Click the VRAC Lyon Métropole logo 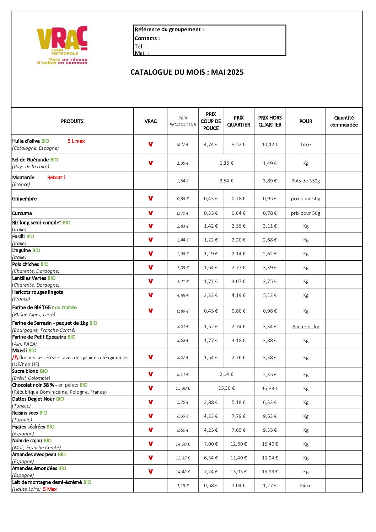click(62, 45)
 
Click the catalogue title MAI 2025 click(187, 72)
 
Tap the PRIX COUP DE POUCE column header click(211, 121)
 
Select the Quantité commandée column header click(344, 121)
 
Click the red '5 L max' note click(76, 141)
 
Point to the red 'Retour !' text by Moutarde click(56, 177)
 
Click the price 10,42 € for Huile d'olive click(270, 144)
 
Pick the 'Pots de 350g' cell click(306, 181)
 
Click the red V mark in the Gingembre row click(151, 198)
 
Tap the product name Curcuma click(22, 213)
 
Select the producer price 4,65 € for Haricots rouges click(183, 296)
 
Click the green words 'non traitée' click(64, 308)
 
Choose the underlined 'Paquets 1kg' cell click(306, 326)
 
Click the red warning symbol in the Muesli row click(15, 357)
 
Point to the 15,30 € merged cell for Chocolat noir click(226, 388)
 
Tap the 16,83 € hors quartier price click(270, 388)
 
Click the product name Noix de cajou click(27, 441)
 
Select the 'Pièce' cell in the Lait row click(306, 485)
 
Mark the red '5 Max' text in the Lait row click(50, 489)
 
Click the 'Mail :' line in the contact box click(142, 53)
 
